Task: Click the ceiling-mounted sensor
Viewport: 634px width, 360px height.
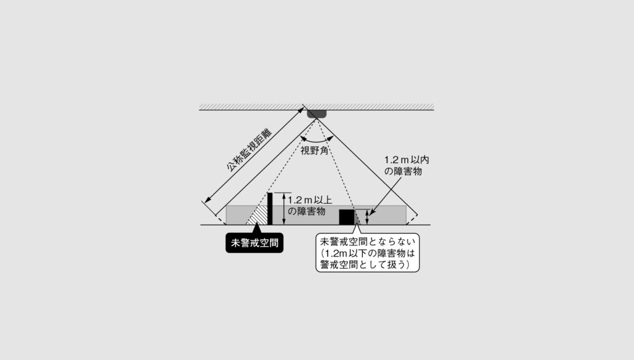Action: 316,114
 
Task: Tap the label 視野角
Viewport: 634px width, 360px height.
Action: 314,151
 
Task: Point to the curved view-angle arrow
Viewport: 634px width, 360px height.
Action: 317,139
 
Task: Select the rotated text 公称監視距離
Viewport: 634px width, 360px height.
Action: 249,150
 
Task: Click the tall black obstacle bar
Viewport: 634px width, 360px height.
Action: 270,209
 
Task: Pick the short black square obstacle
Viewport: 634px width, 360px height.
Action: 347,217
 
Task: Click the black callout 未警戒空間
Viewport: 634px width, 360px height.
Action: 254,243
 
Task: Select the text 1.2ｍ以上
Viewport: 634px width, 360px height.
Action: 310,200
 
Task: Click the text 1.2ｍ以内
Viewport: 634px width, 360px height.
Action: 406,160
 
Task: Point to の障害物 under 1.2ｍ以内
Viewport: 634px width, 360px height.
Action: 402,171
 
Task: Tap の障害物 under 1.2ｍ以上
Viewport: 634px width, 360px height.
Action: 306,211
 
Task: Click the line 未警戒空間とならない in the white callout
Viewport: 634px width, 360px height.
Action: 368,242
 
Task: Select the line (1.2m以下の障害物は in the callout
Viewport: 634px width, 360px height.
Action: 368,253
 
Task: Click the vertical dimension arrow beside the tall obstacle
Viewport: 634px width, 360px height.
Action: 284,209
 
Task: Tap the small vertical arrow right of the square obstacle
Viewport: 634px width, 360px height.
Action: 367,217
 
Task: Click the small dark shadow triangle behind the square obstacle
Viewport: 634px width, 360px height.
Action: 357,219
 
